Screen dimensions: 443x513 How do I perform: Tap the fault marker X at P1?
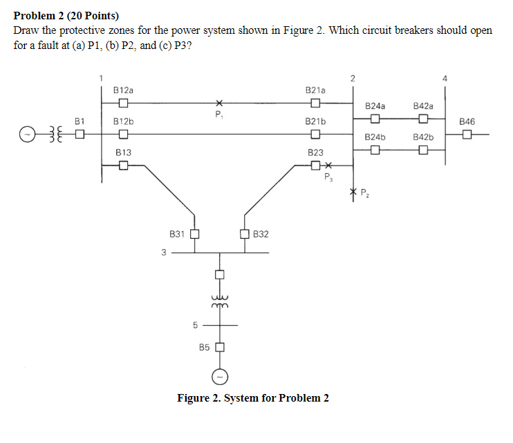click(218, 104)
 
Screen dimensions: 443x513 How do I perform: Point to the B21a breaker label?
click(315, 90)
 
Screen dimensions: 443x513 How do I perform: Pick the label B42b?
click(422, 137)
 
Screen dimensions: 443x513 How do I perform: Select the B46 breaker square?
click(467, 134)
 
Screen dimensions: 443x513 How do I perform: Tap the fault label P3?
click(328, 177)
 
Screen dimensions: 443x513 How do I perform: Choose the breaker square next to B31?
click(194, 234)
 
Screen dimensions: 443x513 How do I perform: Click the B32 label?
click(261, 235)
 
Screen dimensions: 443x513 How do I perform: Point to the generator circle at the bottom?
click(220, 377)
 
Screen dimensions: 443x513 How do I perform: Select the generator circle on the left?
click(26, 134)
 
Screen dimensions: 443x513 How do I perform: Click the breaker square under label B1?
click(80, 134)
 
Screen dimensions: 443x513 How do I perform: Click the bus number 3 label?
click(164, 253)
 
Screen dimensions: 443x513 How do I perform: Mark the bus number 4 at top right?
click(445, 77)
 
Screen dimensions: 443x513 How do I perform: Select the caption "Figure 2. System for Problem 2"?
click(253, 397)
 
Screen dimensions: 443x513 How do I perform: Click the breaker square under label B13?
click(123, 165)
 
